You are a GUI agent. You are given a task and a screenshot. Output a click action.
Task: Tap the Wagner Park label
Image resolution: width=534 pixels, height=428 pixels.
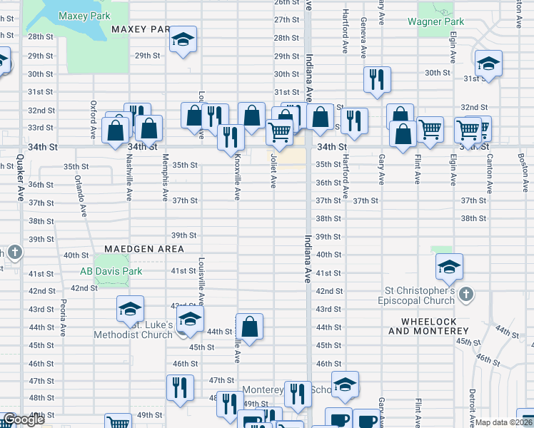point(436,22)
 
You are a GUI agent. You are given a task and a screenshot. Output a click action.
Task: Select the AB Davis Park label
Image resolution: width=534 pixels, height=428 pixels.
point(111,271)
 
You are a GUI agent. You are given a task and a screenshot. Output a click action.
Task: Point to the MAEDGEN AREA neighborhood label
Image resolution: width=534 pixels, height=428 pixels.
point(144,249)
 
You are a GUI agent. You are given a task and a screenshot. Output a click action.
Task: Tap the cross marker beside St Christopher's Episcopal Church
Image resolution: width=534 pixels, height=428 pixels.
point(465,294)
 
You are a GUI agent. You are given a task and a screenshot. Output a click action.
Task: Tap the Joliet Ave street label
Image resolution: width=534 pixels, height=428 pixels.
point(273,174)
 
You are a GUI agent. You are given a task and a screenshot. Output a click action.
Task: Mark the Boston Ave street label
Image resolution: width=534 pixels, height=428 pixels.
point(525,172)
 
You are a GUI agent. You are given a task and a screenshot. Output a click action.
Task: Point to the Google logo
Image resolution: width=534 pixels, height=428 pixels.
point(22,420)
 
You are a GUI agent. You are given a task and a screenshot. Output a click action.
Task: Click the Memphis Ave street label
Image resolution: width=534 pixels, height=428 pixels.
point(166,175)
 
